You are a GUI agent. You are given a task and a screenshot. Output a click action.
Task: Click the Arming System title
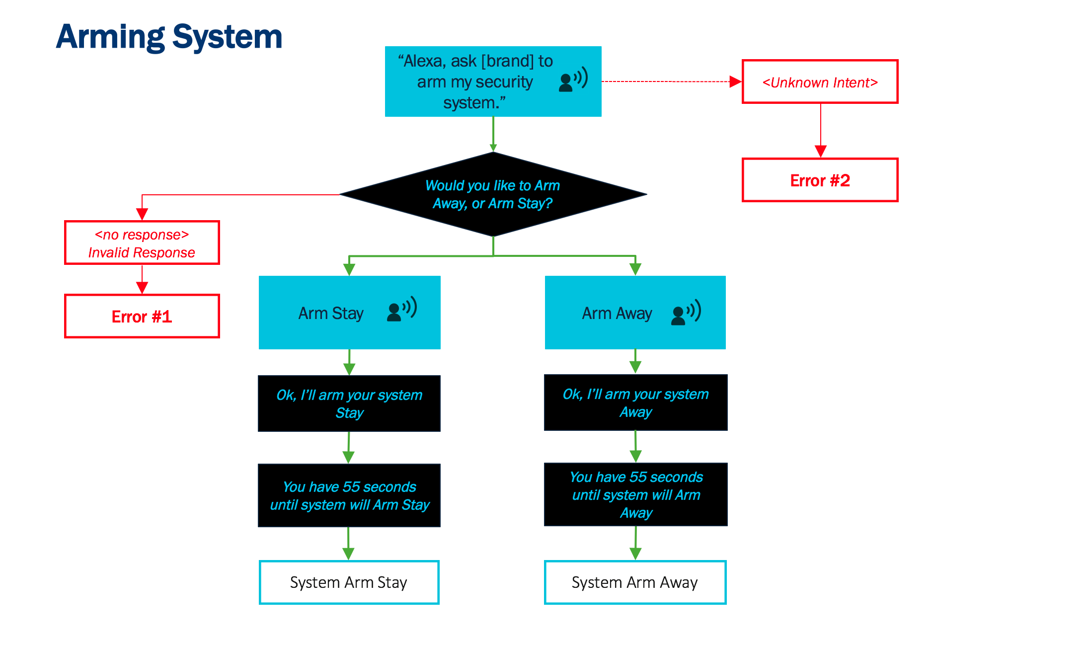[169, 37]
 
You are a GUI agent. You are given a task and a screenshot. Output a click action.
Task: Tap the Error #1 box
[142, 317]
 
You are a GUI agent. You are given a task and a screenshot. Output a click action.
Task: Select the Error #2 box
[820, 180]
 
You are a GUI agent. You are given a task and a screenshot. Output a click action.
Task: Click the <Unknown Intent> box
[820, 82]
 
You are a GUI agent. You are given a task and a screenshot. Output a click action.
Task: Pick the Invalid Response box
[142, 243]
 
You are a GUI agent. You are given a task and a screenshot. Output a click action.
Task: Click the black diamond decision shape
[493, 194]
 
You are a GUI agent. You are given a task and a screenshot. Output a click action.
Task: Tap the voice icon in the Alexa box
[573, 80]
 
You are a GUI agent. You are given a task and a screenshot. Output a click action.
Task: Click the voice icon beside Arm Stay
[401, 310]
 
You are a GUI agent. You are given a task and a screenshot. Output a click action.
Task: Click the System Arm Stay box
[349, 582]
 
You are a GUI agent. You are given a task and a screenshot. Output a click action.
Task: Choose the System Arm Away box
[635, 582]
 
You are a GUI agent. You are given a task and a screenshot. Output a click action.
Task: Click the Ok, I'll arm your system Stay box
[349, 404]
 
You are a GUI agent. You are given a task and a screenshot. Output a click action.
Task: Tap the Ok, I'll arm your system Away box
[635, 403]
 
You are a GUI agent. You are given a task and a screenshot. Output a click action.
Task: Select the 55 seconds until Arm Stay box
[349, 495]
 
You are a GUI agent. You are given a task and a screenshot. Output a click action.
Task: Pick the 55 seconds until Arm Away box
[635, 494]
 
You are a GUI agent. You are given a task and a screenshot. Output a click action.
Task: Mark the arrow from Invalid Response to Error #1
[142, 279]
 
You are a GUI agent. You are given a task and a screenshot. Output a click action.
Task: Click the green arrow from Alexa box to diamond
[493, 134]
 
